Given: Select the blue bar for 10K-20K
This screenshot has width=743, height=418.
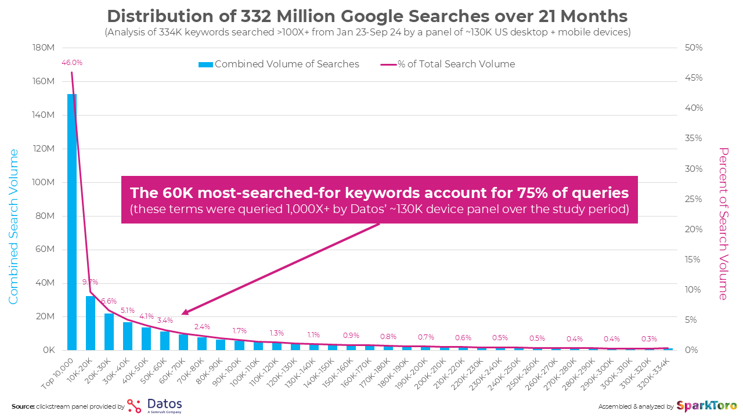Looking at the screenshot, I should [91, 323].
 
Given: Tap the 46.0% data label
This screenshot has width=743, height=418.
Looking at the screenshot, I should [72, 62].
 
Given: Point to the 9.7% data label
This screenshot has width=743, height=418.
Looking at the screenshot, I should [90, 282].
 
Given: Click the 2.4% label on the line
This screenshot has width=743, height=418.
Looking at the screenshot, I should [202, 326].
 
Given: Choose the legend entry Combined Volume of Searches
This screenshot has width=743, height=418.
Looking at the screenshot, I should [279, 64].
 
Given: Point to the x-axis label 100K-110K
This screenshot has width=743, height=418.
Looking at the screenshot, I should [246, 372].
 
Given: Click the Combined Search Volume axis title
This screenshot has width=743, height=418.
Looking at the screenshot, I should [13, 226].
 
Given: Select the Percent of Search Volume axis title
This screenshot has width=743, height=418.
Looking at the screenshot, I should [723, 224].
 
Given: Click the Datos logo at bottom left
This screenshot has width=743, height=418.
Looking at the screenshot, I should [154, 405].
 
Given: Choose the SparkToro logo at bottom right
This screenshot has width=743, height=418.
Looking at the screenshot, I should [706, 405].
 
